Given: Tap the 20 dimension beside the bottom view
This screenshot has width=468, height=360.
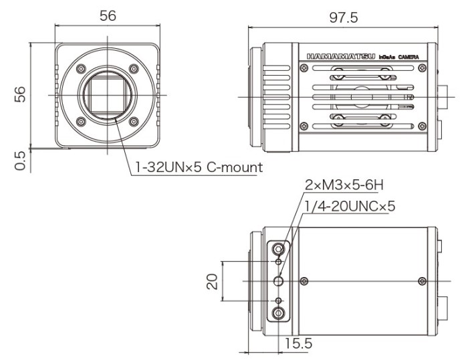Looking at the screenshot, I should point(213,281).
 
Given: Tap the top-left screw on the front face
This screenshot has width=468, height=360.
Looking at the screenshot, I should point(81,68).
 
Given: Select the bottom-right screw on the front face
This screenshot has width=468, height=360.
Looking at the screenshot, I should point(134,122).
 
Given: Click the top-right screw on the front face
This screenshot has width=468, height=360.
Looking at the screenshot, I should point(134,68).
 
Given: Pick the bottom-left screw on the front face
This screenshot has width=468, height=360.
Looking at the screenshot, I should point(81,122).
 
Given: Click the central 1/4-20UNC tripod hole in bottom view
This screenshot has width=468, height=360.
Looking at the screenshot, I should point(279,280).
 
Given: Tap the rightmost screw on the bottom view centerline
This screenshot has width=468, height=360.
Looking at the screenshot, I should point(421,280).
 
